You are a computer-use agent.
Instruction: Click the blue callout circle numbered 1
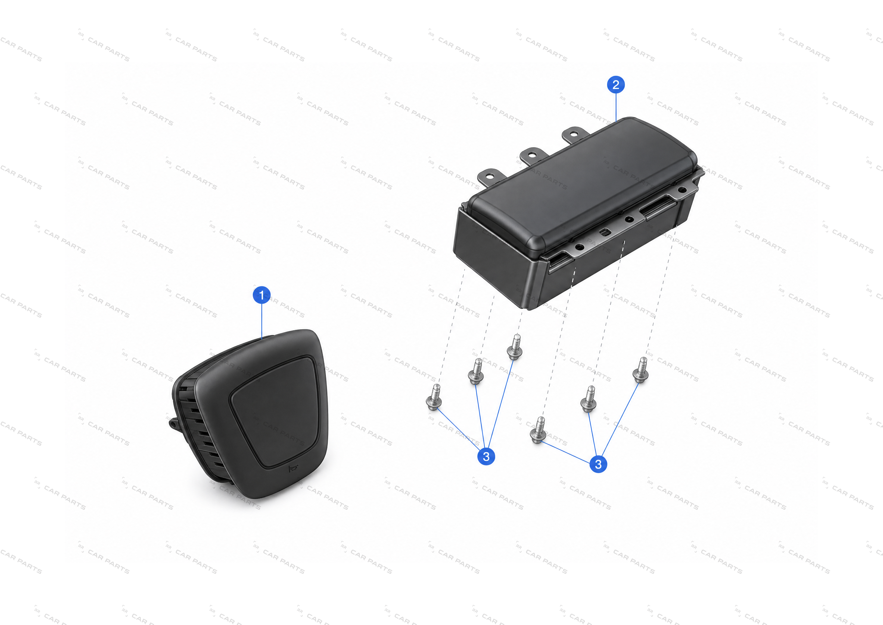coord(262,295)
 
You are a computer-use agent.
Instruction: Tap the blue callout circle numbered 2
coord(616,85)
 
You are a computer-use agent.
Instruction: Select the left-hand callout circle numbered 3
coord(486,456)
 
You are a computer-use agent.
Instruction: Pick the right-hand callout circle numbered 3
coord(598,464)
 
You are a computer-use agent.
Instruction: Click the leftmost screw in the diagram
coord(434,397)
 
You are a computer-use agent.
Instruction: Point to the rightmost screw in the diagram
coord(641,370)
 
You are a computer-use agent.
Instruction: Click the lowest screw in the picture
coord(538,430)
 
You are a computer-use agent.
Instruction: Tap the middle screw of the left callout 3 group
coord(476,371)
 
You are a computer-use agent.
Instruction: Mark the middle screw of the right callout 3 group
coord(588,399)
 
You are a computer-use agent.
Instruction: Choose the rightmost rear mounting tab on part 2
coord(575,135)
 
